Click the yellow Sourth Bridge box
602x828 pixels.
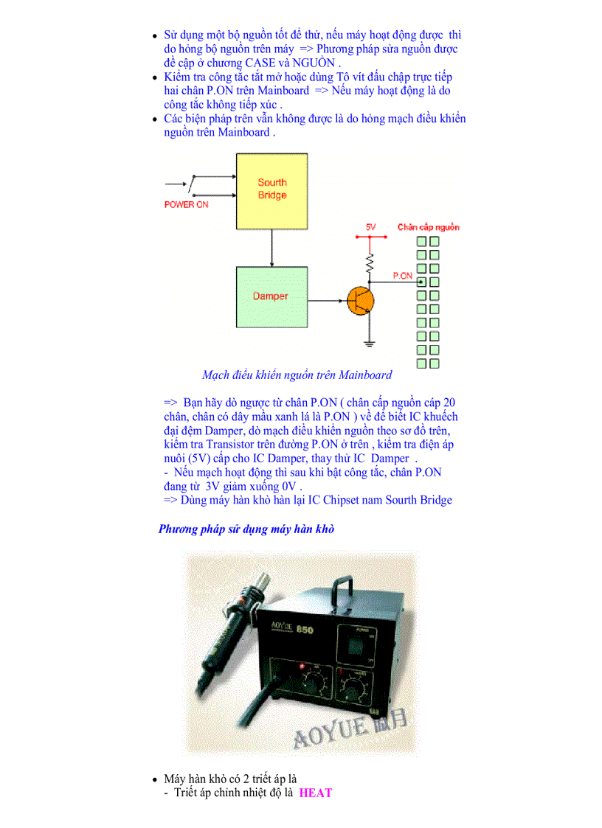271,189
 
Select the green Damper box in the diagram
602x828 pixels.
271,296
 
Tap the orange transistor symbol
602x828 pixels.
360,302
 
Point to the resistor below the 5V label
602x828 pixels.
370,262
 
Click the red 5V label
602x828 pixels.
371,228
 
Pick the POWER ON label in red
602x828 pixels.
186,205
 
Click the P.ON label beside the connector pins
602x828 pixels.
402,275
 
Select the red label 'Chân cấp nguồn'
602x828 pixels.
428,227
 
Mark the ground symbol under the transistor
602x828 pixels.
370,341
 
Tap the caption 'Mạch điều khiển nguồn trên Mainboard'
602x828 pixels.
297,375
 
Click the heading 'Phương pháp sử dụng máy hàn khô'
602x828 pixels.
246,529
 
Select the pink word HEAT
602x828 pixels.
316,793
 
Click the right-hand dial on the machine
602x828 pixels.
354,689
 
